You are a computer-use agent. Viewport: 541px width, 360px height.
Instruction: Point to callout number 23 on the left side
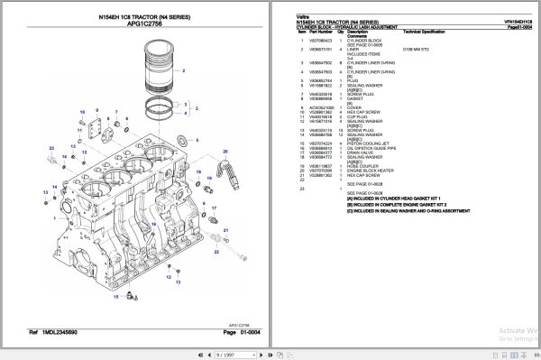(51, 147)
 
